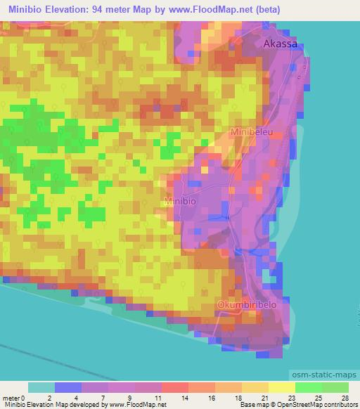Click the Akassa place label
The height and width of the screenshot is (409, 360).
tap(281, 44)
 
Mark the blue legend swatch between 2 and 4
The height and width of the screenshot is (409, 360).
tap(68, 387)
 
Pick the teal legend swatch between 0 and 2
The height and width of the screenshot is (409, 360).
tap(41, 387)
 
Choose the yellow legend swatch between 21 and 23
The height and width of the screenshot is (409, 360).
tap(281, 387)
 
